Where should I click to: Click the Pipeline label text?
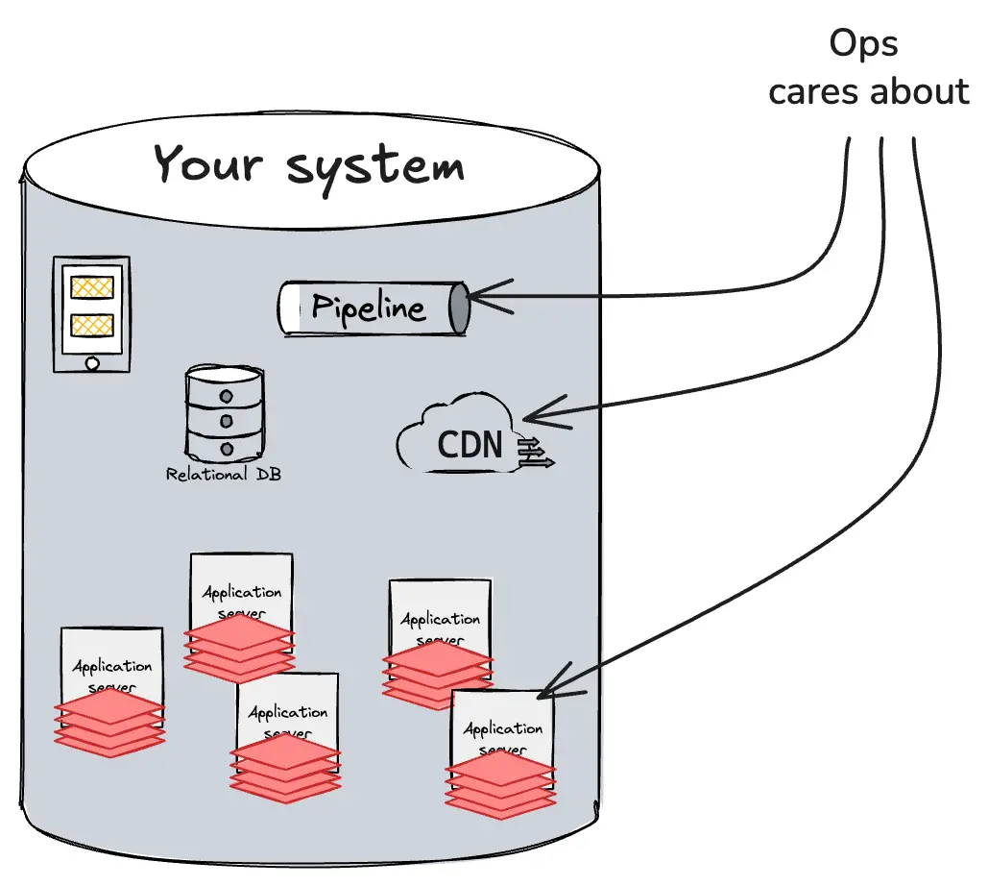coord(368,308)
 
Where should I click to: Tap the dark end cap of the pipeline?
coord(460,308)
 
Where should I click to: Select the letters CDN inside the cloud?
coord(470,445)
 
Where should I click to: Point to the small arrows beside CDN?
coord(535,455)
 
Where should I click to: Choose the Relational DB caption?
coord(223,475)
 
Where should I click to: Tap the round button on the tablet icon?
coord(91,363)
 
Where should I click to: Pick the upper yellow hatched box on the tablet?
coord(92,287)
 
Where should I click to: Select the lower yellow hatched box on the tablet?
coord(92,325)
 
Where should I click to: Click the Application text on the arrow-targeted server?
coord(503,729)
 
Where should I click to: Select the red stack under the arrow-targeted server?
coord(500,783)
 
